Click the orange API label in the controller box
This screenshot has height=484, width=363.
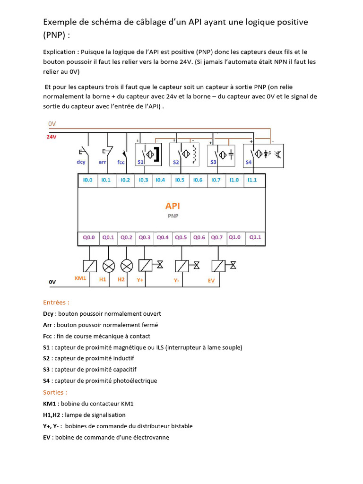click(173, 206)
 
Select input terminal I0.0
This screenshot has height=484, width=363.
click(87, 180)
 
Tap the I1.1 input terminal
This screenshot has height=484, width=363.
click(252, 180)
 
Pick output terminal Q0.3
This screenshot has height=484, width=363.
click(145, 237)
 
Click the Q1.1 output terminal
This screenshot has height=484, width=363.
click(255, 237)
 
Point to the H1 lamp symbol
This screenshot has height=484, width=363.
click(108, 266)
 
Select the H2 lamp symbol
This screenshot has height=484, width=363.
click(126, 266)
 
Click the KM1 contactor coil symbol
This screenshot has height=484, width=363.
click(90, 266)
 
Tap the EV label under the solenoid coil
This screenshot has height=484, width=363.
click(211, 280)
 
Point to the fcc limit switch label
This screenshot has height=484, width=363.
click(121, 162)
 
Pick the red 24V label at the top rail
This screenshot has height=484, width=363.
click(52, 137)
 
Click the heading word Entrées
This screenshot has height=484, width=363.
click(56, 302)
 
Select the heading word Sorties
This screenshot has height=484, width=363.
click(55, 392)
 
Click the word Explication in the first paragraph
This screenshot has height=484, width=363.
click(60, 52)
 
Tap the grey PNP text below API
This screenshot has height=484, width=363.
click(173, 216)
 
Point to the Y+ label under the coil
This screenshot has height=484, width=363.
click(140, 280)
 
